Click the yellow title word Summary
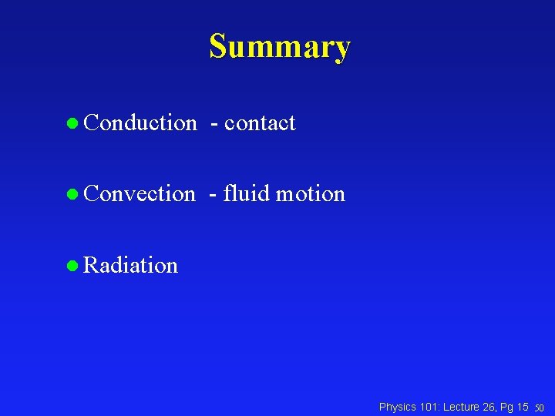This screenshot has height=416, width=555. pyautogui.click(x=279, y=46)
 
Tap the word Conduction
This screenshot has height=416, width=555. pyautogui.click(x=140, y=122)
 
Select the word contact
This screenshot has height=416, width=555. pyautogui.click(x=260, y=122)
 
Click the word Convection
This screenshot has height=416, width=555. pyautogui.click(x=140, y=193)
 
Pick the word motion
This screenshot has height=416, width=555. pyautogui.click(x=311, y=193)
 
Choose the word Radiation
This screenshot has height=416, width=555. pyautogui.click(x=130, y=265)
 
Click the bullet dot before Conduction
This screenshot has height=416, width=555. pyautogui.click(x=72, y=123)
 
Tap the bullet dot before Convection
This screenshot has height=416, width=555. pyautogui.click(x=72, y=194)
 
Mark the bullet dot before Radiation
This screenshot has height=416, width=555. pyautogui.click(x=72, y=266)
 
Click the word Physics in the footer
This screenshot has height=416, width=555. pyautogui.click(x=398, y=406)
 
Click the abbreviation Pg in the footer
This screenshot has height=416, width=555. pyautogui.click(x=509, y=406)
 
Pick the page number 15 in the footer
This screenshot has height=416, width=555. pyautogui.click(x=523, y=406)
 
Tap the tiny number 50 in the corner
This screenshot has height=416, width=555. pyautogui.click(x=540, y=408)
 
